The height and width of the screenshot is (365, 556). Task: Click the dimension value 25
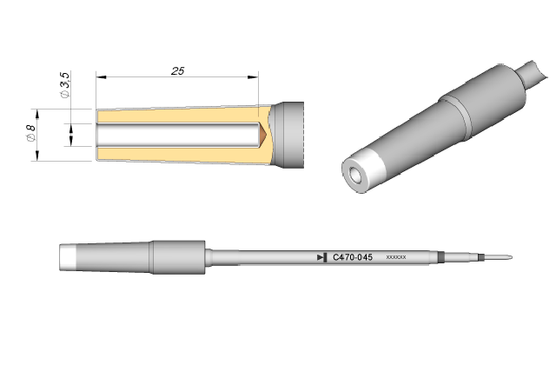coord(177,71)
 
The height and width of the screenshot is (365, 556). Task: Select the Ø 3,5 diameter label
coord(65,85)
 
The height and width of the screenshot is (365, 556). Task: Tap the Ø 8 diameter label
coord(31,133)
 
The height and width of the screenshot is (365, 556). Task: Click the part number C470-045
coord(353,257)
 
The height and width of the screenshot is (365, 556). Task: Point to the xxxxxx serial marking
coord(396,257)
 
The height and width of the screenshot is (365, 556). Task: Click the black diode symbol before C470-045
coord(322,257)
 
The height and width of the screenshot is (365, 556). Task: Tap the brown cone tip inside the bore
coord(262,135)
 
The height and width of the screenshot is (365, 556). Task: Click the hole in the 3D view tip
coord(355,174)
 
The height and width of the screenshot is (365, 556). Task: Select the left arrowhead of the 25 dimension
coord(101,76)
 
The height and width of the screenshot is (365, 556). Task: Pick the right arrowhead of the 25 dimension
coord(253,76)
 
